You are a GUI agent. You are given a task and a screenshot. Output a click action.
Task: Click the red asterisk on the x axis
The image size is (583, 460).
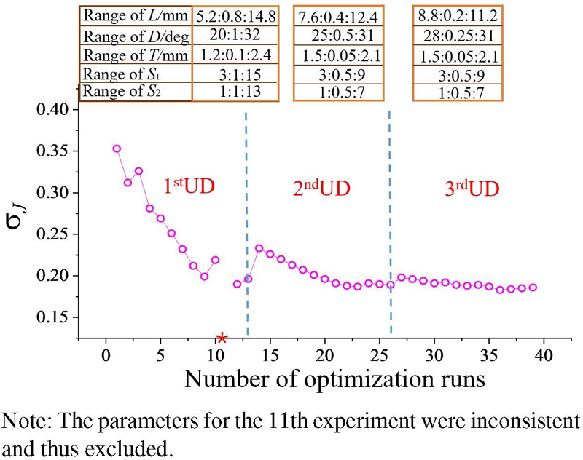[222, 337]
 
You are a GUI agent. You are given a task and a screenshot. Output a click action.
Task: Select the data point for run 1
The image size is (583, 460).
[117, 148]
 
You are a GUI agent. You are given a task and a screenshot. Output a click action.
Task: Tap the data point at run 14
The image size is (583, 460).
[259, 248]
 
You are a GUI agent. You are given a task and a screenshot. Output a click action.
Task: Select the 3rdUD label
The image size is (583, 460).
[472, 189]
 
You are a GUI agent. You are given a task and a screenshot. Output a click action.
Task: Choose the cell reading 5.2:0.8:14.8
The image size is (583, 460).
[235, 15]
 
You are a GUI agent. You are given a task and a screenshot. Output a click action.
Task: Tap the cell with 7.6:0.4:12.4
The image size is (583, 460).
[338, 15]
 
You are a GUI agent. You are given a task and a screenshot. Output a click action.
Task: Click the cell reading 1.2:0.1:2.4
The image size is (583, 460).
[235, 54]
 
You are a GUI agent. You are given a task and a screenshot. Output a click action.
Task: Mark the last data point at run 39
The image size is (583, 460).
[532, 287]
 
